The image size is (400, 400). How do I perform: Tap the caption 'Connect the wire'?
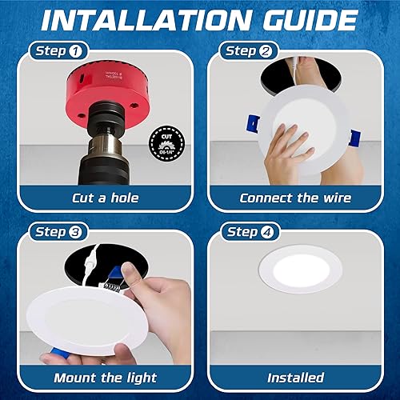tap(295, 198)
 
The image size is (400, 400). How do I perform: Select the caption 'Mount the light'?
tap(102, 378)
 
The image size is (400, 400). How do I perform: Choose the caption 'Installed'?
tap(295, 378)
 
